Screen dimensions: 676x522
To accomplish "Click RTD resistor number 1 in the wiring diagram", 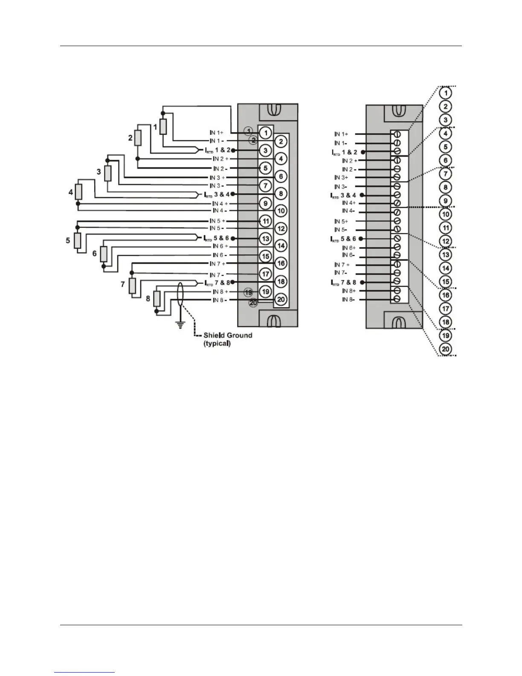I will click(x=163, y=127).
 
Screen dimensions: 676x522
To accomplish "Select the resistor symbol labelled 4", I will click(x=78, y=192).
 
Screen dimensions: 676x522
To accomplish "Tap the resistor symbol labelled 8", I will click(x=157, y=298).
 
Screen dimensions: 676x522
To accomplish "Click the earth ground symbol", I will click(x=180, y=325).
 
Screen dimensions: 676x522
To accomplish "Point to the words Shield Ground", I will click(x=228, y=335).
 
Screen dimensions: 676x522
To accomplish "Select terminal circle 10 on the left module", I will click(x=281, y=211).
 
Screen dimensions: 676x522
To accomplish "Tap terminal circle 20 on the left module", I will click(x=281, y=300).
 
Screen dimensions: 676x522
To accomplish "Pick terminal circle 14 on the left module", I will click(x=281, y=246).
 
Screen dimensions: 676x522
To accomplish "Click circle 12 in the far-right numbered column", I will click(x=445, y=242).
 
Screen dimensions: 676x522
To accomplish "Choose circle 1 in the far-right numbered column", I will click(x=445, y=93).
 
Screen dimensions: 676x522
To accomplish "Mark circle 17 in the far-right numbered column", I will click(x=445, y=309).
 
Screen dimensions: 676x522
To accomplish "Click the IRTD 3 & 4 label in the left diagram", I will click(x=217, y=194).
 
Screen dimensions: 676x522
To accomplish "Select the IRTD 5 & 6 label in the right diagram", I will click(x=343, y=239).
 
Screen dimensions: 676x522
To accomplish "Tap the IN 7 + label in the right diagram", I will click(x=342, y=265).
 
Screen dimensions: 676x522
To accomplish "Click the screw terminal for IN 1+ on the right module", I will click(x=397, y=134).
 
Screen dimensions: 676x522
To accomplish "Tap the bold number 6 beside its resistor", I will click(x=95, y=253).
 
